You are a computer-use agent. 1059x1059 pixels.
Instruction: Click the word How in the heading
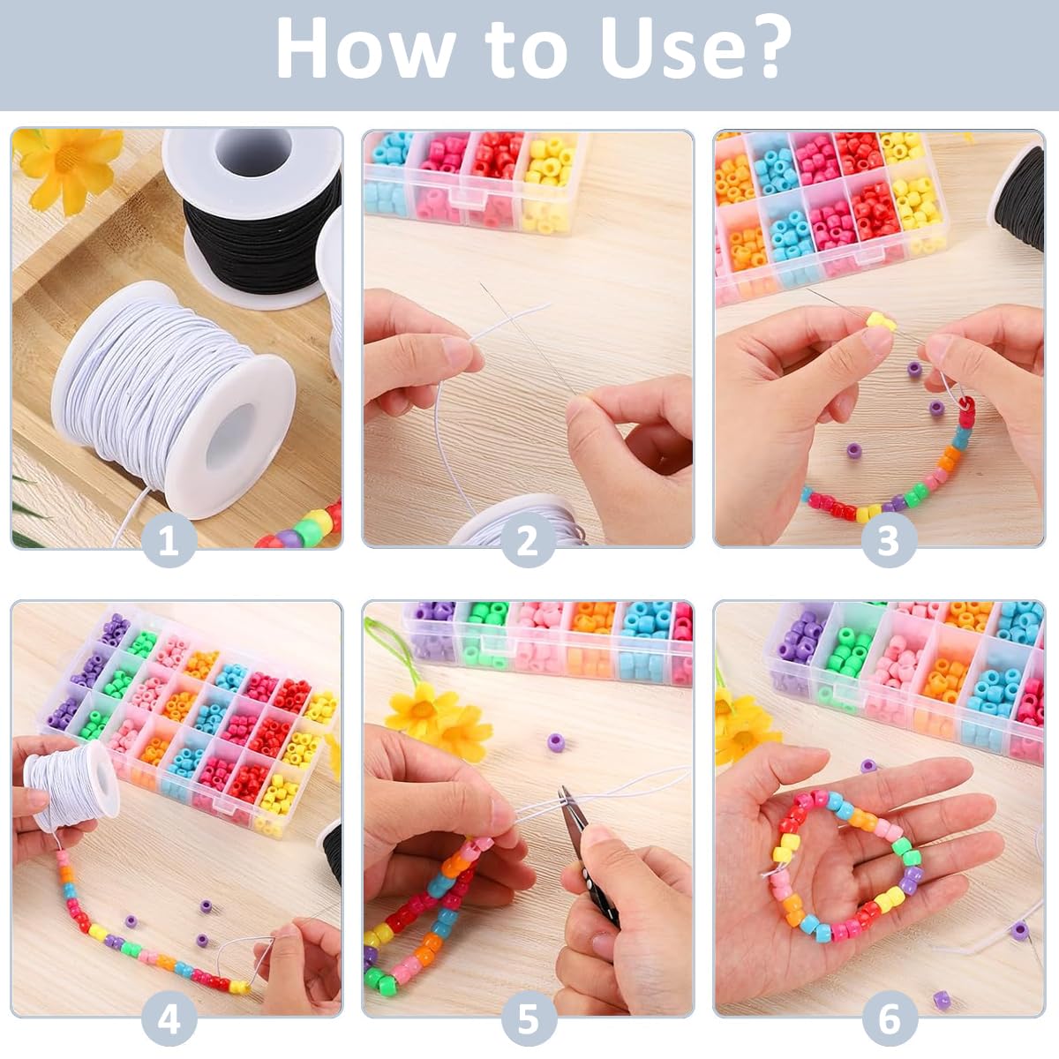coord(363,49)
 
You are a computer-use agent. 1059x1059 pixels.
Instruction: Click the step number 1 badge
coord(169,540)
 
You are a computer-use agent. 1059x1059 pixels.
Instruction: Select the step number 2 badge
coord(528,540)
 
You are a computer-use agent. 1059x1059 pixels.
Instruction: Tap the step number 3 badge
coord(889,540)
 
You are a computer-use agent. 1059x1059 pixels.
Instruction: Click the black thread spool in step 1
coord(259,220)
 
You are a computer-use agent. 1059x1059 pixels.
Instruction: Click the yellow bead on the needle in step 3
coord(881,321)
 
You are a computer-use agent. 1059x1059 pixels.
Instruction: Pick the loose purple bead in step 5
coord(556,742)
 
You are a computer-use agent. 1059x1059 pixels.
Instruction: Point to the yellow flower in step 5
coord(437,715)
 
